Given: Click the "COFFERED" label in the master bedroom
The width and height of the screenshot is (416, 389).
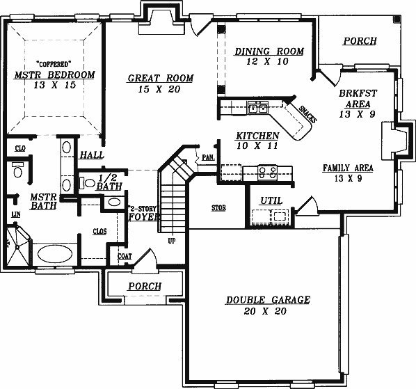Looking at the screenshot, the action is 54,64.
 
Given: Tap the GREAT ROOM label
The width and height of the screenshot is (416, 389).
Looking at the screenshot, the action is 161,78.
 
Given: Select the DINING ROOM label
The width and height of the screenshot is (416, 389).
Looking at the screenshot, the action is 269,51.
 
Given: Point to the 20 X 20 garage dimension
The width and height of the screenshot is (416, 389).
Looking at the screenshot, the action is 265,311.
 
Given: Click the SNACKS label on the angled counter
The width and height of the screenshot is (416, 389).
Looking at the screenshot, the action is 307,114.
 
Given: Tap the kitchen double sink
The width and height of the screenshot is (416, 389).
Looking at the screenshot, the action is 258,108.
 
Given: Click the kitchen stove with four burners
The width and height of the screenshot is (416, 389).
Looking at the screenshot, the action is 267,173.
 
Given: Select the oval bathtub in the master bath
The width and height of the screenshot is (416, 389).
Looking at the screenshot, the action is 55,254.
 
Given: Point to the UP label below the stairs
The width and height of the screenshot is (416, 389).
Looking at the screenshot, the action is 172,241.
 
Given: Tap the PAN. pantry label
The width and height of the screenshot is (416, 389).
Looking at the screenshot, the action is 209,157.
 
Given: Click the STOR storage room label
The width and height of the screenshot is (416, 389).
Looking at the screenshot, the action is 218,208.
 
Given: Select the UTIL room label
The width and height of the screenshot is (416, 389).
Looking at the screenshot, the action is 271,200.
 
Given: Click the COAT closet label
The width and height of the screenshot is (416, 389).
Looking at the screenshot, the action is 125,256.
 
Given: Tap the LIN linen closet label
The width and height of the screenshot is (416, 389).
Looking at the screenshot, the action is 16,214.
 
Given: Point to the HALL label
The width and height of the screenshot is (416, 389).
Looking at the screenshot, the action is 92,155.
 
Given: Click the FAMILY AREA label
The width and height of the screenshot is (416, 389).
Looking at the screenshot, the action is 348,168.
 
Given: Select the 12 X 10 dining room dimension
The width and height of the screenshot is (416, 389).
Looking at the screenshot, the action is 267,61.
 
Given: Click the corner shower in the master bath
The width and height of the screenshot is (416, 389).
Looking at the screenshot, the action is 18,246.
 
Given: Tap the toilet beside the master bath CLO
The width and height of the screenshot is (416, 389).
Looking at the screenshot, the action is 18,170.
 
